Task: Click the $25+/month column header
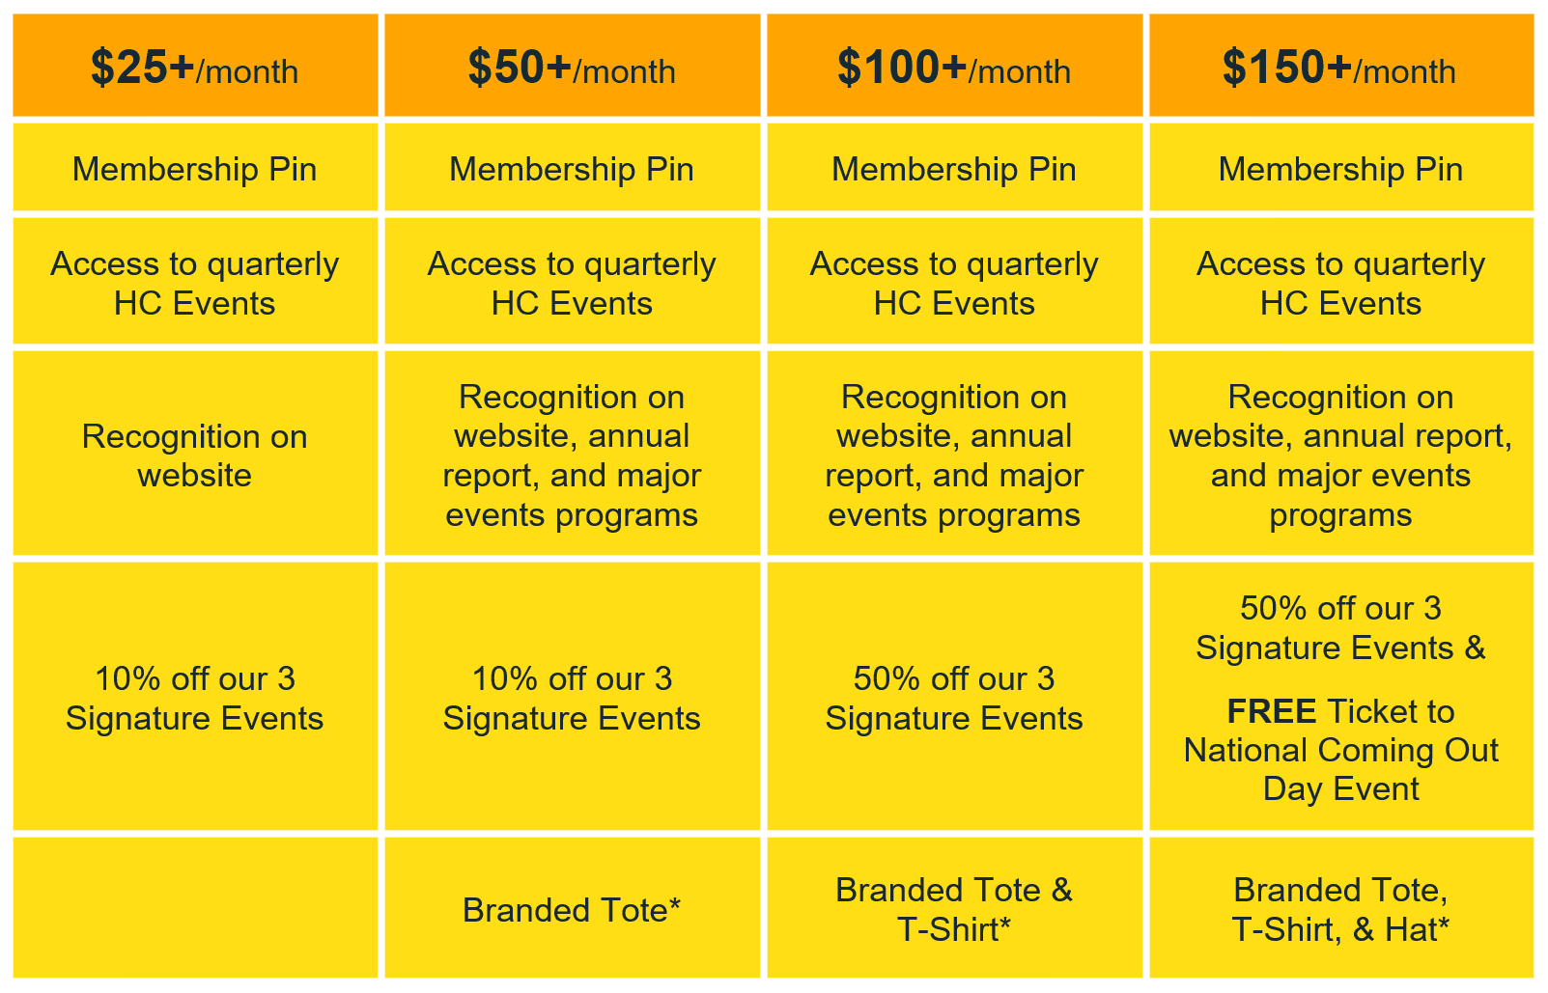196,65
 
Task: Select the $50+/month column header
573,65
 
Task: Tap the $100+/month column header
954,65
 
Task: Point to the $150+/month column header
1340,65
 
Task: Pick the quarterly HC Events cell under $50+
573,281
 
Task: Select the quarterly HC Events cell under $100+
954,281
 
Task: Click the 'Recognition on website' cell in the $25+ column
196,453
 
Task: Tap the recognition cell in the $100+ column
954,453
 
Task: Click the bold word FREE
1271,711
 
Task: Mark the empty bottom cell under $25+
196,907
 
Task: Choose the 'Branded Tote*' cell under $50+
573,907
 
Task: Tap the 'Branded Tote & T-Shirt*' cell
954,907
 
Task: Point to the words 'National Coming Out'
1340,751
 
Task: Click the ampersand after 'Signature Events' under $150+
1474,648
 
